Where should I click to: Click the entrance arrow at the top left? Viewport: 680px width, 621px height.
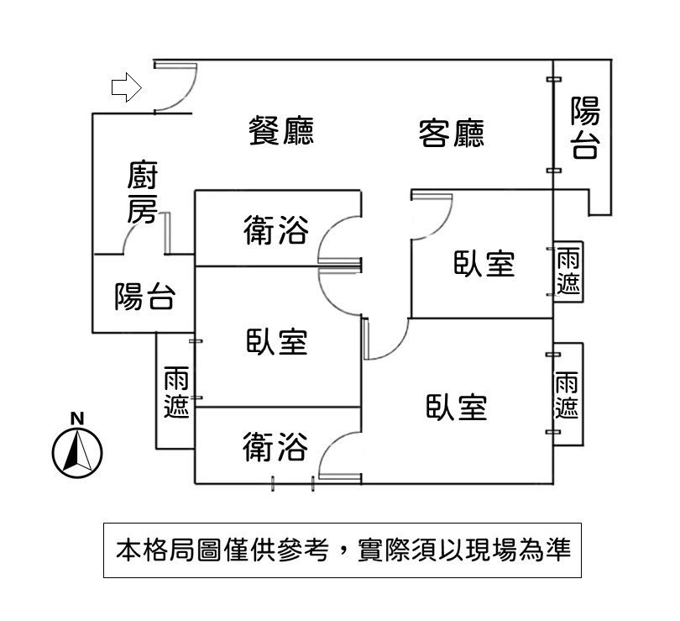tap(126, 87)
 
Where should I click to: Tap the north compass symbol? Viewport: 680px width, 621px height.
tap(77, 451)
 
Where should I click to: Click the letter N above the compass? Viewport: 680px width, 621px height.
tap(77, 418)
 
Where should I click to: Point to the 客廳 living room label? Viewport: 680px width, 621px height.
tap(451, 133)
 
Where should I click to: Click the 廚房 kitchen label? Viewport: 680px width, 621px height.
tap(142, 193)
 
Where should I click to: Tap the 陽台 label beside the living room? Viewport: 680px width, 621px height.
tap(585, 128)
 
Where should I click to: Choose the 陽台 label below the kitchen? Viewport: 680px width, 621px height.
tap(144, 296)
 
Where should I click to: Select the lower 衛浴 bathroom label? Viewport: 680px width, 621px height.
tap(275, 446)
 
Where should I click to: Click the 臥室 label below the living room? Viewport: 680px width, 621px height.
tap(484, 263)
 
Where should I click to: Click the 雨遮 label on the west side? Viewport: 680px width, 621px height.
tap(176, 391)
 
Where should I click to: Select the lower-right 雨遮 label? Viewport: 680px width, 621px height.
tap(568, 395)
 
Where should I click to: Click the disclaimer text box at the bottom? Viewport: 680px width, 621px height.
tap(343, 550)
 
